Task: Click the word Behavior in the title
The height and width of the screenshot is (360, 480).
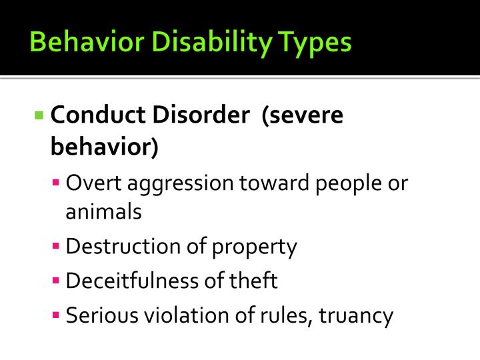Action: [73, 42]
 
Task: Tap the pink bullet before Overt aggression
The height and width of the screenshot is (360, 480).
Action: [57, 182]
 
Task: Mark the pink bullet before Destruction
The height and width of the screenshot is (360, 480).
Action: [57, 247]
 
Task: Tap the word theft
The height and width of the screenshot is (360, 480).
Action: [255, 281]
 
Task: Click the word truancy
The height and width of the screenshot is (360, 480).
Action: [357, 315]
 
